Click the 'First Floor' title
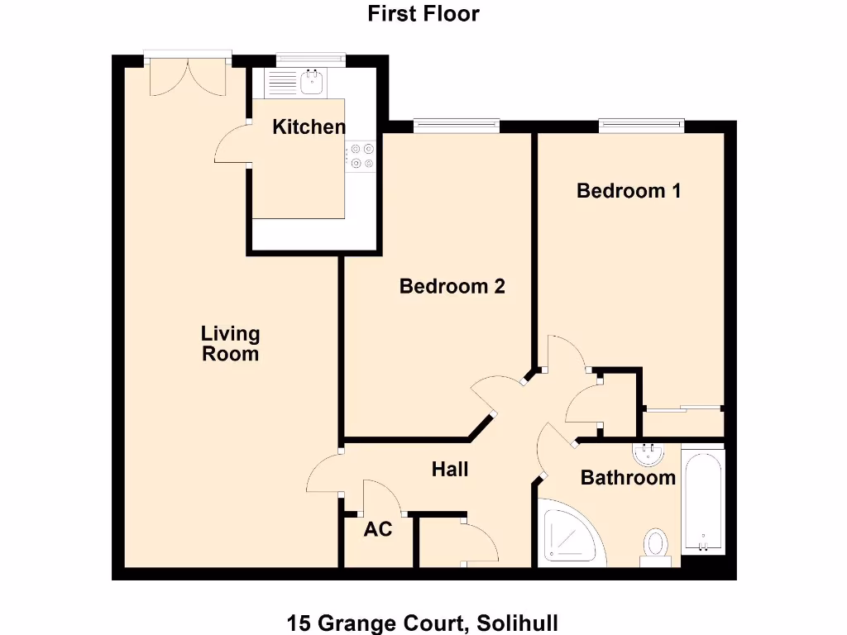(423, 14)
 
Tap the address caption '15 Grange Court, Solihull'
(423, 623)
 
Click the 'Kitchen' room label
(309, 127)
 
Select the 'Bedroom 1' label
(629, 191)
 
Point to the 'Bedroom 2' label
(452, 286)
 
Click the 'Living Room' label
(230, 344)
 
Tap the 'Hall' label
(450, 470)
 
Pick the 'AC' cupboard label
(378, 529)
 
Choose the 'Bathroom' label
(628, 478)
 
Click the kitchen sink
(313, 82)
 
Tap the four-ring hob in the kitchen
(361, 156)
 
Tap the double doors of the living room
(187, 74)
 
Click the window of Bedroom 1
(642, 126)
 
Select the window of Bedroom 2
(457, 126)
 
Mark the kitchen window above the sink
(310, 60)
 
